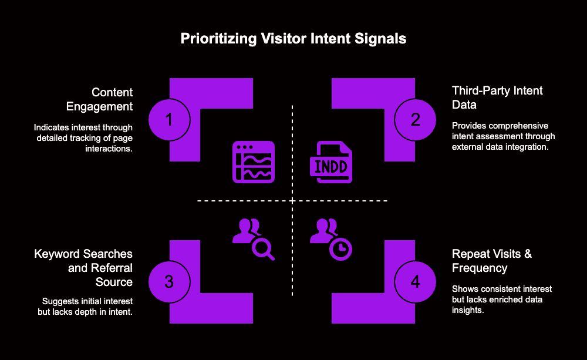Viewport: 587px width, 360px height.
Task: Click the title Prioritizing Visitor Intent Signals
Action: tap(293, 39)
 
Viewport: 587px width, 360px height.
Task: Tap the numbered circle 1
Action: tap(170, 120)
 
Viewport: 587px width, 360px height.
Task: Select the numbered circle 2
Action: tap(415, 120)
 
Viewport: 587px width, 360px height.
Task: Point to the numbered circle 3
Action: tap(170, 282)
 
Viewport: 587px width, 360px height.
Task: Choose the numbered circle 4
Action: tap(415, 282)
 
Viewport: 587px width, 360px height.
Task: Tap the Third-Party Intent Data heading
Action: tap(497, 97)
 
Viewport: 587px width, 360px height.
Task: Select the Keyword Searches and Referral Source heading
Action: tap(83, 268)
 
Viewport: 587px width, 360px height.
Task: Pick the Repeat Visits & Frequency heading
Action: tap(492, 261)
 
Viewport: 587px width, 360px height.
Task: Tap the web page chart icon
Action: tap(254, 162)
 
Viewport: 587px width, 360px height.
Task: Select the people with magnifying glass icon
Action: tap(253, 238)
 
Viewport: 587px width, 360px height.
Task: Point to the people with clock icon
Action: tap(331, 238)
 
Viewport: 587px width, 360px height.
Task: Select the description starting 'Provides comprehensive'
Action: tap(503, 136)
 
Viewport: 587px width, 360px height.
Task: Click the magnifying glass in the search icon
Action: tap(262, 248)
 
